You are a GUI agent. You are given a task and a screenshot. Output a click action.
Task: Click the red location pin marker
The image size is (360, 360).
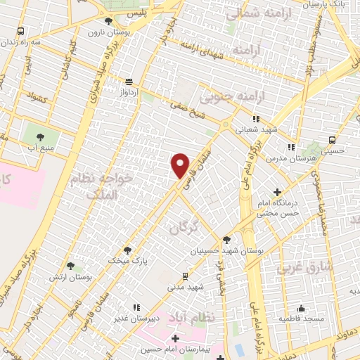point(181,165)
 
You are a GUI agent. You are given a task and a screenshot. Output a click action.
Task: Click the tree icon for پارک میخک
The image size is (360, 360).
point(127,250)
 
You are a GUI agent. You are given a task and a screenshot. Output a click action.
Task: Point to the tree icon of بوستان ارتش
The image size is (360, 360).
point(70,265)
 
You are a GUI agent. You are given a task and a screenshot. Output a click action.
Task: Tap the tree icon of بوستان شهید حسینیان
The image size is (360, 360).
point(226,239)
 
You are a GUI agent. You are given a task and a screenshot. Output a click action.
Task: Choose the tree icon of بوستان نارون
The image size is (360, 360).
point(108,21)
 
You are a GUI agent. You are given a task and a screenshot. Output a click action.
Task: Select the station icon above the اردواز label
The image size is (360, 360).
point(129,81)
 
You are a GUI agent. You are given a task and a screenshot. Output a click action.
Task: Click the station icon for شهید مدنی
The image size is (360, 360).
point(185,276)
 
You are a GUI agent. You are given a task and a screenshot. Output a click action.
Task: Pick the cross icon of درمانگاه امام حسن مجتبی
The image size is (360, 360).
point(277,192)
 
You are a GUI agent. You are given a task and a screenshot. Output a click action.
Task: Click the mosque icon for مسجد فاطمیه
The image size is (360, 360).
point(302,308)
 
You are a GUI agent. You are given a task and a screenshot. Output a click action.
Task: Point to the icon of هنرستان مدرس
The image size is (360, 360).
point(290,147)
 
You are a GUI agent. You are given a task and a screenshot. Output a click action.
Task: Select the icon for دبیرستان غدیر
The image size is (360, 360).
point(136,307)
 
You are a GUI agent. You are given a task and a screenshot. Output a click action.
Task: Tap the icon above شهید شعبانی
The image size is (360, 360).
point(256,119)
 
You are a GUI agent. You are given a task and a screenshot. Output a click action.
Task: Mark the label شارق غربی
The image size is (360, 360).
point(299,267)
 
